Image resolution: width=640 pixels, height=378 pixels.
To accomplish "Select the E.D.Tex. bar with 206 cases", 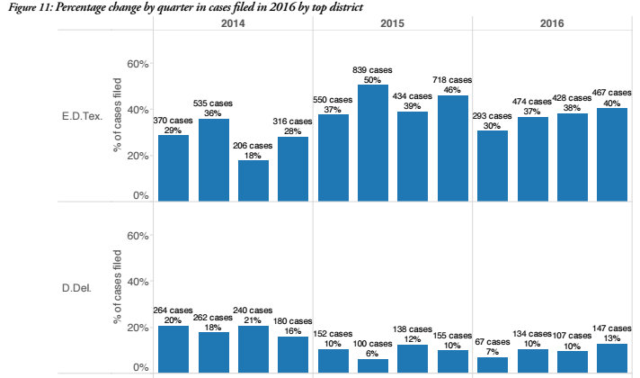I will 253,180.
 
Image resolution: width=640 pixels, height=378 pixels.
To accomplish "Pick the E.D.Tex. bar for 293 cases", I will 493,166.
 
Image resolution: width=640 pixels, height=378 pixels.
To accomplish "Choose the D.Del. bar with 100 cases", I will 373,364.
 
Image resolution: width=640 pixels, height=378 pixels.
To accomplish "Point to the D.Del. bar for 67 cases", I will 493,364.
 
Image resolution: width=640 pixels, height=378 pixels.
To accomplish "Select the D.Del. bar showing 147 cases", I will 612,356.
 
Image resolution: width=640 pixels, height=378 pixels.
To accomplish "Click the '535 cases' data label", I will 215,103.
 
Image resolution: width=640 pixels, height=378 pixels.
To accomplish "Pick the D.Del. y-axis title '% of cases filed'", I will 117,283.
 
